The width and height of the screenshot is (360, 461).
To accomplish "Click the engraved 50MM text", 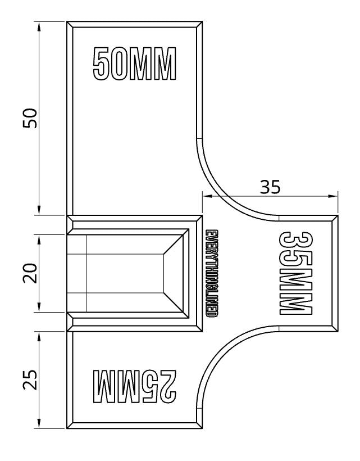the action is [134, 64].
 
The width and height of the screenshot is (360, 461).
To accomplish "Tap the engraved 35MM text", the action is [295, 273].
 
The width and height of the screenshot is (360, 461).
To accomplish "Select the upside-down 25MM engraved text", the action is [134, 386].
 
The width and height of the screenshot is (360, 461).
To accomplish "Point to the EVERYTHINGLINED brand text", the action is [211, 273].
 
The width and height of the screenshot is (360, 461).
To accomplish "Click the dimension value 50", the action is [30, 118].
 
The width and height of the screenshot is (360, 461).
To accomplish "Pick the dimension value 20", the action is [30, 273].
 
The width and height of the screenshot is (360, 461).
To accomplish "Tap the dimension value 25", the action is [30, 379].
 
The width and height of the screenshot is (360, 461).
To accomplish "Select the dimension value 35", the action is [270, 187].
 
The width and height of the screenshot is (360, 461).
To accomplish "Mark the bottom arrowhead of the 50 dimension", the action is [39, 211].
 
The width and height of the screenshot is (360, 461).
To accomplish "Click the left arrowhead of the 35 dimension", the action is [207, 196].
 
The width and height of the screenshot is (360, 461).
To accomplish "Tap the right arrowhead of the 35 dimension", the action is [334, 196].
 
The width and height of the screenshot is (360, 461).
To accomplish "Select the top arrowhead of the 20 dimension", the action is [39, 239].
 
